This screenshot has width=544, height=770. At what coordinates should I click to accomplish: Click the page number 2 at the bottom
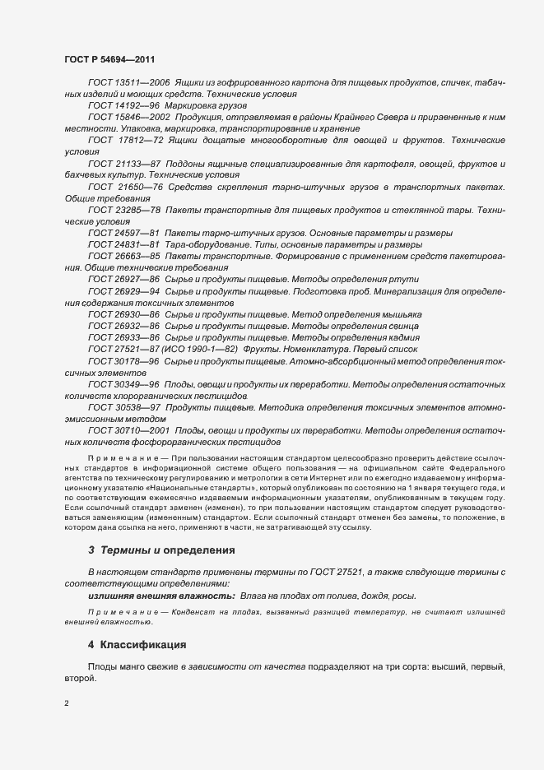[66, 703]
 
